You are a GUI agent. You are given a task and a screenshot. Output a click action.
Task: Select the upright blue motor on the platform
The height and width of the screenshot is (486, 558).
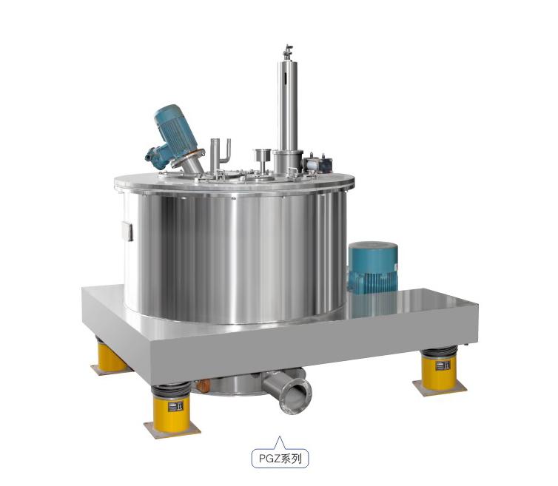[x=373, y=267]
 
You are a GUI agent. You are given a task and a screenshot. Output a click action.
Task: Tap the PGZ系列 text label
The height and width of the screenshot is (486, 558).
[x=280, y=459]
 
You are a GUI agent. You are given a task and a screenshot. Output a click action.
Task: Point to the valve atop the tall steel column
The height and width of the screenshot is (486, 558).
[x=288, y=53]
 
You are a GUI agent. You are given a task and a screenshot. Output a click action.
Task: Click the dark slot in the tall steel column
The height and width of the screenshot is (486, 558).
[x=286, y=78]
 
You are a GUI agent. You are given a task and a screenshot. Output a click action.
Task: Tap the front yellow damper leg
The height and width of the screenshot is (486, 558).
[x=172, y=411]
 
